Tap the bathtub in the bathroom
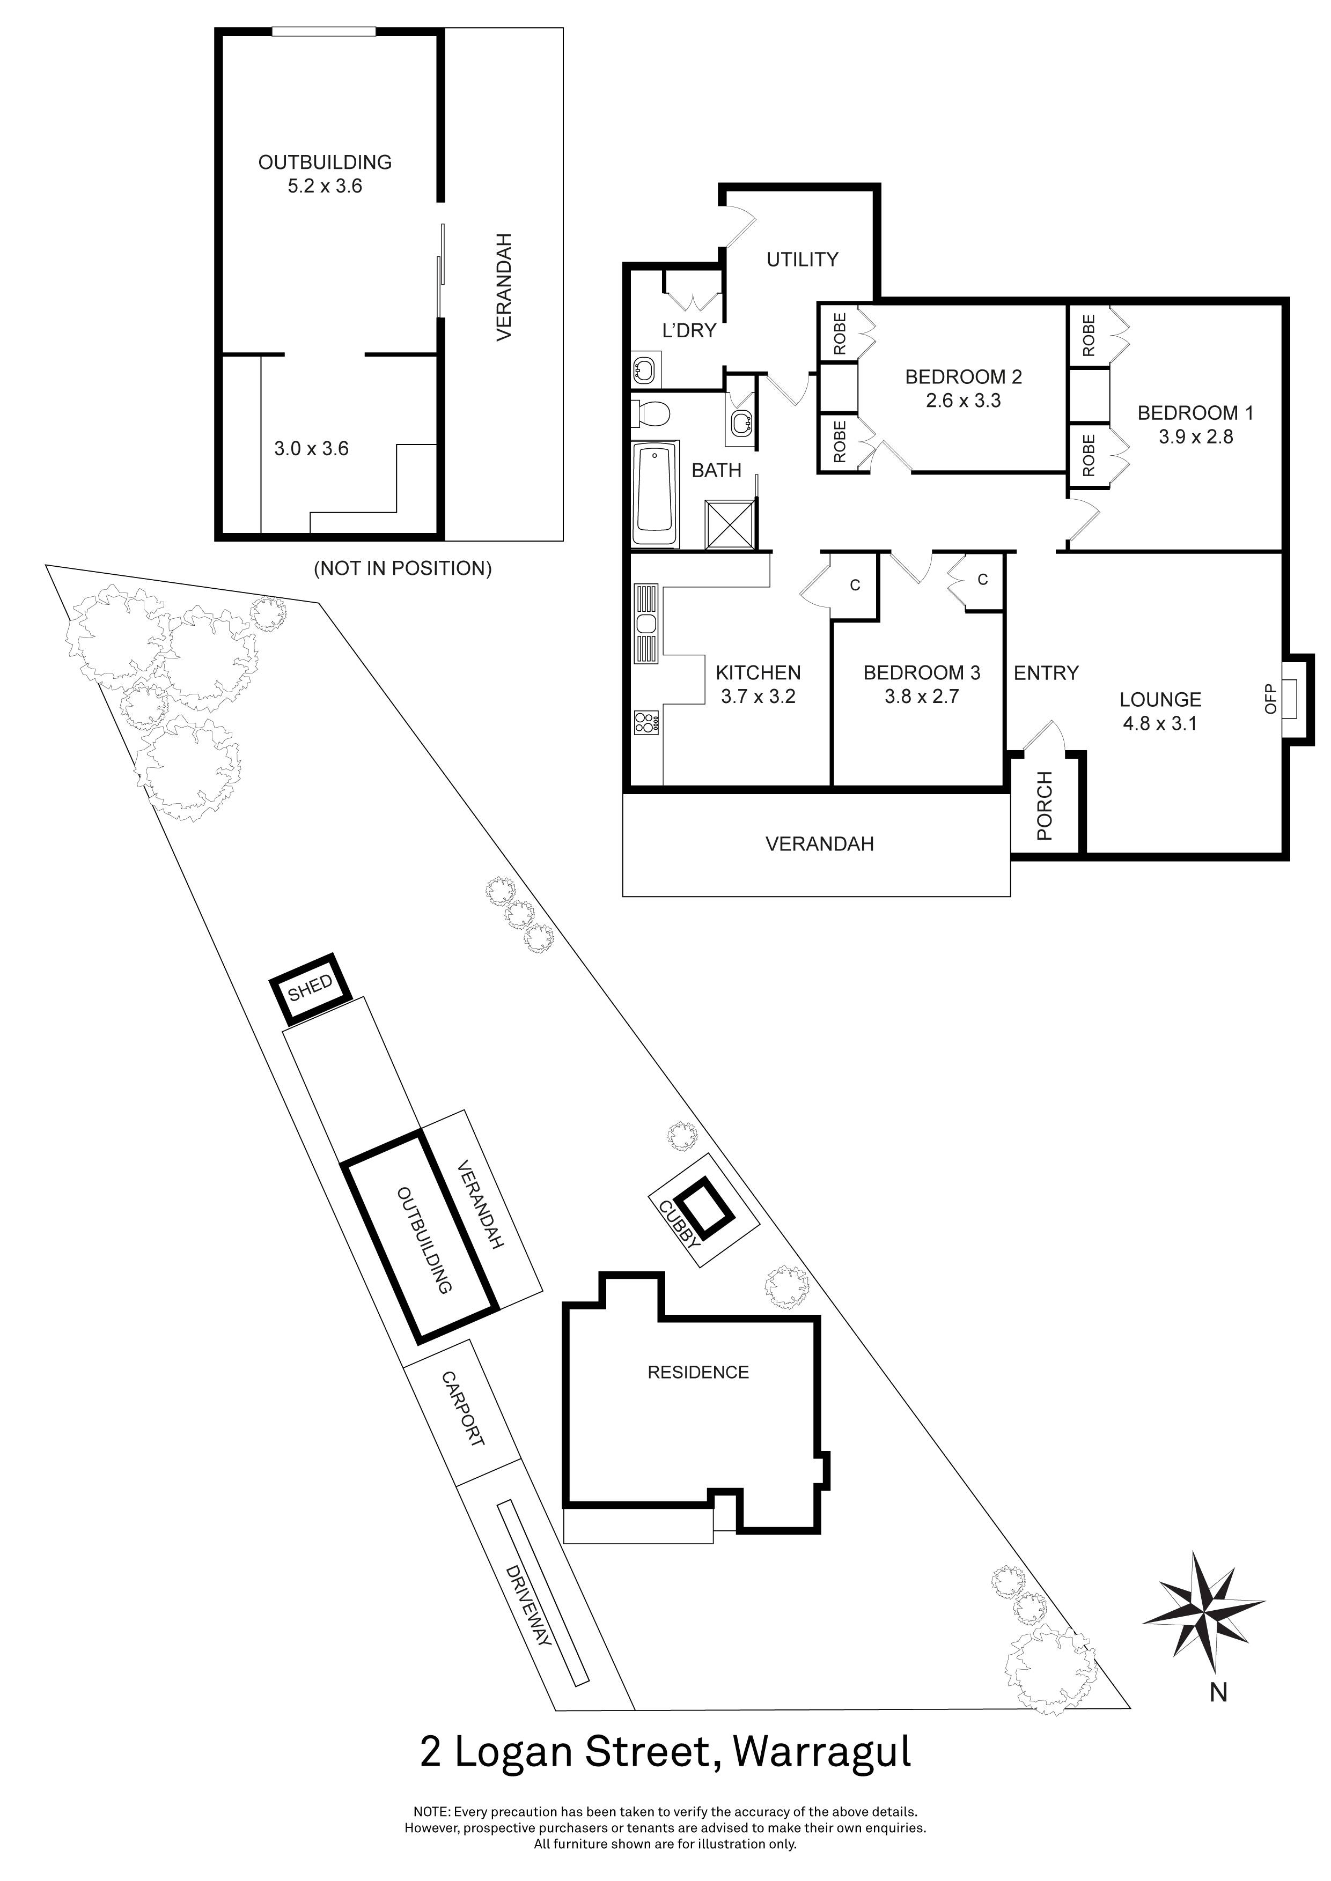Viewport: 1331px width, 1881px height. [656, 495]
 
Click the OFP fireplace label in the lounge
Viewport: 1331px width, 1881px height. [1271, 698]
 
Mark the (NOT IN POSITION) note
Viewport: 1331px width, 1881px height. [402, 568]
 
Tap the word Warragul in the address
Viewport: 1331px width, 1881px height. [821, 1752]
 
